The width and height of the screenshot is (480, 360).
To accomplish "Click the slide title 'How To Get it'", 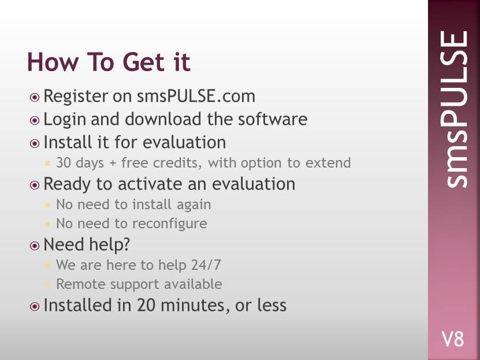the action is (109, 62).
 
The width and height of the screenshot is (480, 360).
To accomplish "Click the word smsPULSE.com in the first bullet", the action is (196, 96).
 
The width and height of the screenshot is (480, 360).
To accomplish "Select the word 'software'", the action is (273, 119).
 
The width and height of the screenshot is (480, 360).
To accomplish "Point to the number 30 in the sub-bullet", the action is (64, 162).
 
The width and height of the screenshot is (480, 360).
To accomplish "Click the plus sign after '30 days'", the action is (113, 163).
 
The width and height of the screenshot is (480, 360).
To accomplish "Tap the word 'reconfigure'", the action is (170, 224).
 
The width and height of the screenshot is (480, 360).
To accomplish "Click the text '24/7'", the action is (206, 265).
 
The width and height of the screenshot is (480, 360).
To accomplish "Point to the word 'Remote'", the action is (81, 284).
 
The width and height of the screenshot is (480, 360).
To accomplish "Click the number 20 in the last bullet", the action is (146, 305).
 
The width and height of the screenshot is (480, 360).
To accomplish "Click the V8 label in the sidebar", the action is (453, 339).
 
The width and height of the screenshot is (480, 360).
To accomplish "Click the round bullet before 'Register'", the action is (35, 97).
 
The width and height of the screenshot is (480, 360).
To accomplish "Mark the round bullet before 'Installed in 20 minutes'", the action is (35, 306).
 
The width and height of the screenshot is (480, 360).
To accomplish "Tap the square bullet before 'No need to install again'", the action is (47, 205).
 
